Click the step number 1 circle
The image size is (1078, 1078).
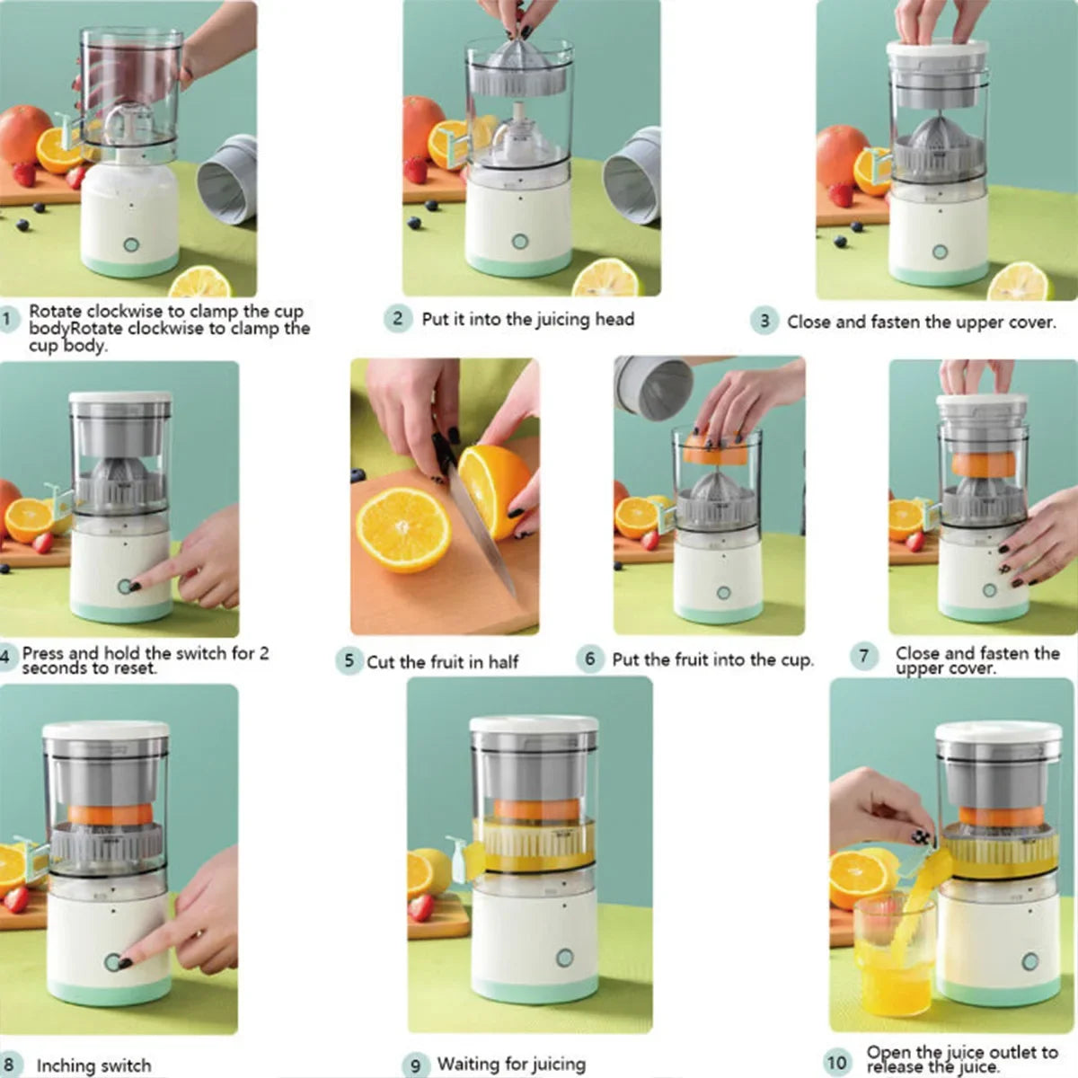8,319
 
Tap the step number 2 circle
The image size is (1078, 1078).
398,319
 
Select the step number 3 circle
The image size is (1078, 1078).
764,321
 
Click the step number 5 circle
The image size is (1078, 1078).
349,661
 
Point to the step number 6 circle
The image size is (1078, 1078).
589,658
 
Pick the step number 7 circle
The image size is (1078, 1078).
863,656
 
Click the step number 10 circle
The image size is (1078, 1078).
836,1062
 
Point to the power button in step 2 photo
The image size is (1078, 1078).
519,241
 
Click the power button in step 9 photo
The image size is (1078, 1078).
564,958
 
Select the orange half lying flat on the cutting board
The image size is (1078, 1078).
403,530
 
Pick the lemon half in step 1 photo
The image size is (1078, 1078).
200,282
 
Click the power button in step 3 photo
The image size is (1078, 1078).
940,252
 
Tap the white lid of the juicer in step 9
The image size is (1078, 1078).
534,724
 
